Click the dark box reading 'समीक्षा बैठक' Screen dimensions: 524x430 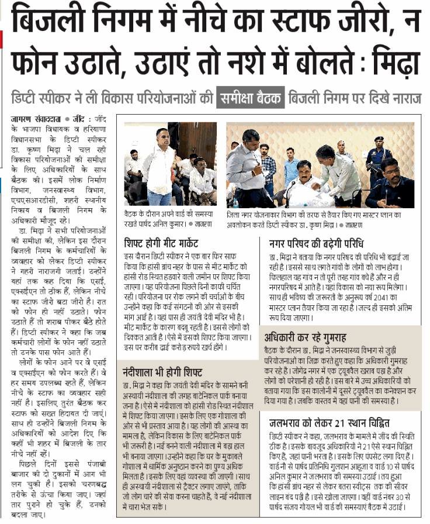pyautogui.click(x=249, y=97)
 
